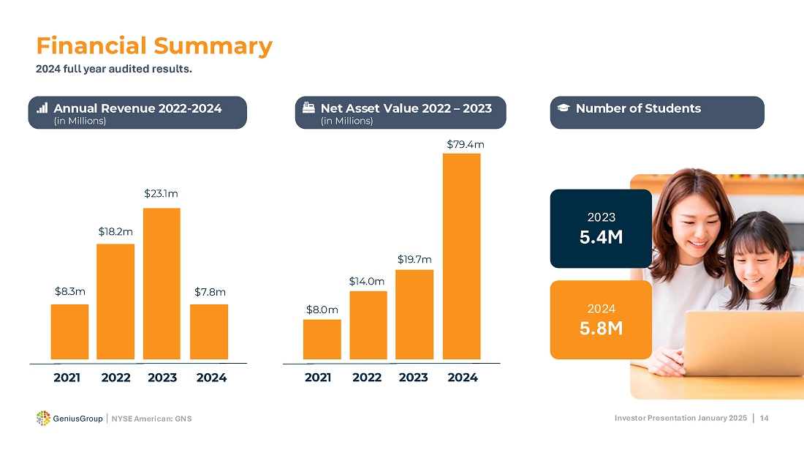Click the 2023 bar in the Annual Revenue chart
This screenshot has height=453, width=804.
162,283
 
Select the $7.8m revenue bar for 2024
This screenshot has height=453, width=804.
209,332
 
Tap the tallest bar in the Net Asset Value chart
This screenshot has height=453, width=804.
462,256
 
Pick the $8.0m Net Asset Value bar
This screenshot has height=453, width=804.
322,339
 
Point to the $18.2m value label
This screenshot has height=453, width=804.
115,232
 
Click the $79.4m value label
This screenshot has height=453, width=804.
465,145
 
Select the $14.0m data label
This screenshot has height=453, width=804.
367,281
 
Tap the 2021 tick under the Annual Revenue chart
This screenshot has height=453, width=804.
67,378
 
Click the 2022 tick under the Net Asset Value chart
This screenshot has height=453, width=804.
367,378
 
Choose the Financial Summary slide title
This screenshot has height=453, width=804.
154,46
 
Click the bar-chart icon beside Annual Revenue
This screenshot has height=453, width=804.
42,108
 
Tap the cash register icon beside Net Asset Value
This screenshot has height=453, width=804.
308,108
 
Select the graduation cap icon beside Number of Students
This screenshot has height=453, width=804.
563,108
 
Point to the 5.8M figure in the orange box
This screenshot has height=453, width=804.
601,329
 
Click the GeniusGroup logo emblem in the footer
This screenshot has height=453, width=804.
43,418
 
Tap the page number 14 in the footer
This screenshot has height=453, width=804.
764,418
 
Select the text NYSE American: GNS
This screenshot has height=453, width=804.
151,419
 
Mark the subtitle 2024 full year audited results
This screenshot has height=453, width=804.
114,70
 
